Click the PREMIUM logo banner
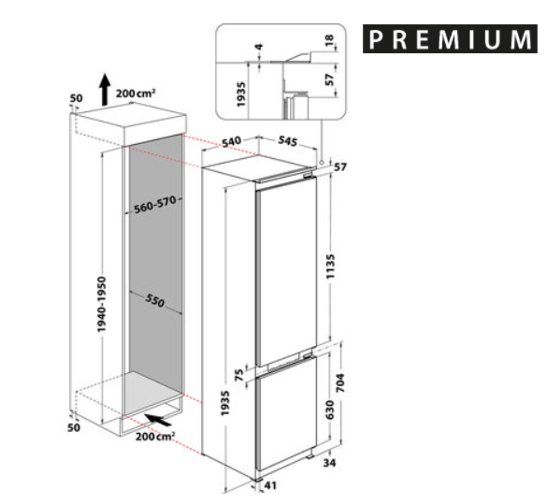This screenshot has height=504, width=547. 450,38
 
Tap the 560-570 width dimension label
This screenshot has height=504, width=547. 155,205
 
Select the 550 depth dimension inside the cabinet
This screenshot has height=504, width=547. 154,300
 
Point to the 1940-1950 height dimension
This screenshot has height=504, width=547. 102,304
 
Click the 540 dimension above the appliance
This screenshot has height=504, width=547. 231,141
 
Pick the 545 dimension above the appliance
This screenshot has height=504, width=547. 288,141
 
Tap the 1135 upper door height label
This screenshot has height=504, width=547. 330,266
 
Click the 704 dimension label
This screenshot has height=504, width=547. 340,382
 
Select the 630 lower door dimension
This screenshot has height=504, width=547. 330,410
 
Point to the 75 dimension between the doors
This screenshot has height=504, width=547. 239,375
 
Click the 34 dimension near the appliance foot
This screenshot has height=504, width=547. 329,463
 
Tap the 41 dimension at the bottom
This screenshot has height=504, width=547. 270,485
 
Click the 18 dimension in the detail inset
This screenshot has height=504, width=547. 329,40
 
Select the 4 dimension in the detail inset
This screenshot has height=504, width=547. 259,47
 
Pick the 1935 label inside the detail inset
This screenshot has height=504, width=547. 241,94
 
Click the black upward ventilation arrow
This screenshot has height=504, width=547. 105,89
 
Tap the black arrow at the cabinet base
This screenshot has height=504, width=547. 158,420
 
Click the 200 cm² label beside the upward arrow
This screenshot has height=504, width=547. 136,94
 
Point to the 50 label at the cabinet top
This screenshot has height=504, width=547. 77,98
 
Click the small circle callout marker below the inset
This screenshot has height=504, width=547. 322,162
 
